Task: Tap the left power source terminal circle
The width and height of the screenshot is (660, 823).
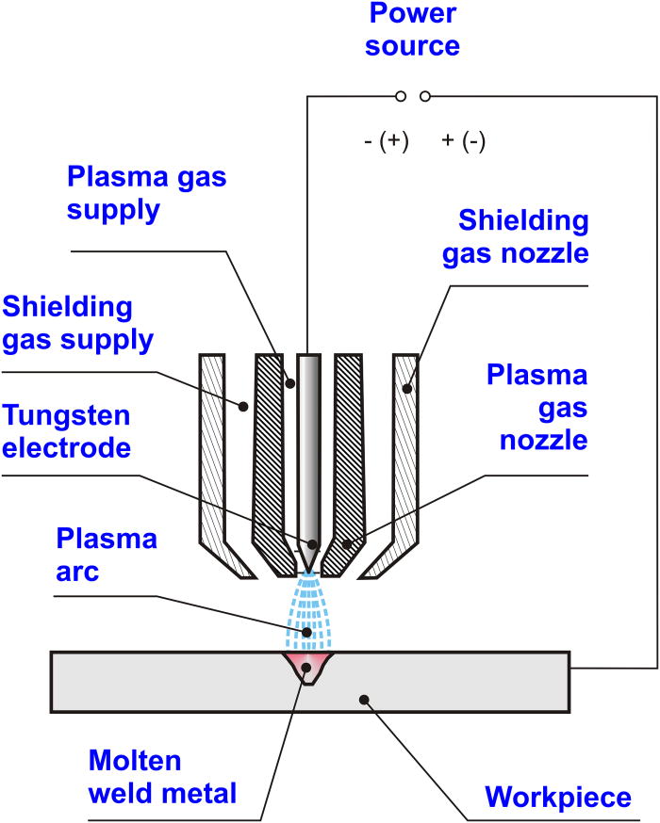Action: (401, 96)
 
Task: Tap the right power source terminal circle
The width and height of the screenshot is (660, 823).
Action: (425, 96)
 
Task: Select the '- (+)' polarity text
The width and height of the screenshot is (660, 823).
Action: (386, 141)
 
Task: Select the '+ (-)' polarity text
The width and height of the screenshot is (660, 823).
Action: (463, 141)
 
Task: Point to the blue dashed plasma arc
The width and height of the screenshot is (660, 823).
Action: (308, 612)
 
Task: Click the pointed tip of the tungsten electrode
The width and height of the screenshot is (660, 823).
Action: (309, 569)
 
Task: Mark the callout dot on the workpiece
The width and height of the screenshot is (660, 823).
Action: (368, 700)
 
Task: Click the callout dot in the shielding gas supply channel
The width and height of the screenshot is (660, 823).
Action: (242, 407)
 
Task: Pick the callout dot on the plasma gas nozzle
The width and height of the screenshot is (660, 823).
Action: (348, 544)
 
